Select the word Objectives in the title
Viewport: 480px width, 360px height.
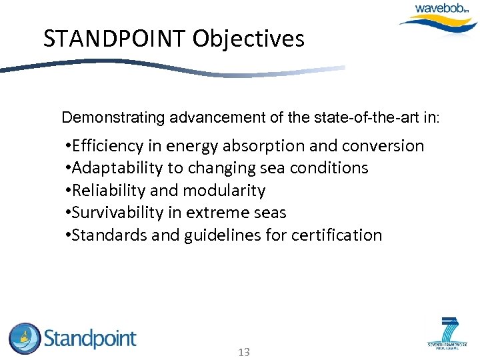coord(249,39)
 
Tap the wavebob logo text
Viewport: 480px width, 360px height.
coord(442,9)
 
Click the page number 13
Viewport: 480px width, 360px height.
coord(243,351)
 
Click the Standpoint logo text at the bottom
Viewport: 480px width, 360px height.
coord(90,339)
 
